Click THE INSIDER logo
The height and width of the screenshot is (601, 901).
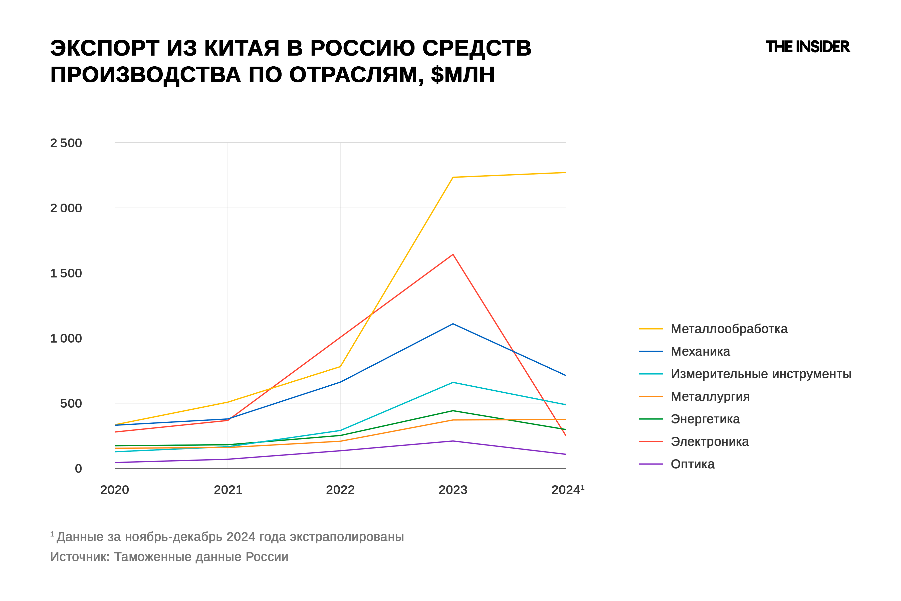(808, 47)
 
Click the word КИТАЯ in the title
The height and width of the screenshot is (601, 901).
(242, 48)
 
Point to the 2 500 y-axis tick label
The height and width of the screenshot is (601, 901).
(66, 143)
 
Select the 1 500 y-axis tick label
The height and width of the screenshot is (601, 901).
(66, 273)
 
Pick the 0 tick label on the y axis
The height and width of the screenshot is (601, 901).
(78, 468)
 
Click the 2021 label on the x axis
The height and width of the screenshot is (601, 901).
(228, 490)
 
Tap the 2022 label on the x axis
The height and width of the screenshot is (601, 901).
(340, 490)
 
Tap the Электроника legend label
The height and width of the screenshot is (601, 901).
(710, 441)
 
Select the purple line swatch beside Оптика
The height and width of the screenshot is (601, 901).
(651, 464)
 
